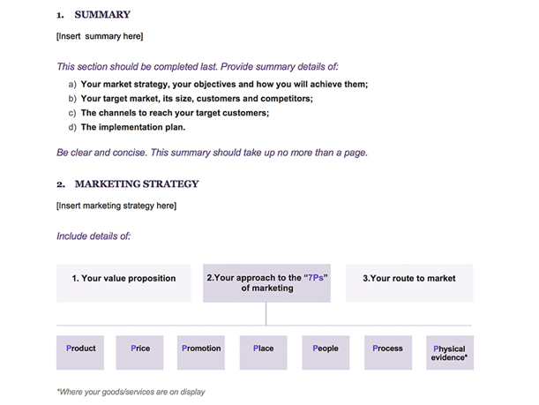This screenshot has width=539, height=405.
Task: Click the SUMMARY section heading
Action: [102, 15]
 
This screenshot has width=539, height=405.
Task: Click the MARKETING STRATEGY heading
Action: [137, 184]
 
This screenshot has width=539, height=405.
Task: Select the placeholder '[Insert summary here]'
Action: [100, 36]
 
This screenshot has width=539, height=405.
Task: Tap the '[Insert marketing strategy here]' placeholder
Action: [116, 206]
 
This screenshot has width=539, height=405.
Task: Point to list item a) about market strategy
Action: [224, 85]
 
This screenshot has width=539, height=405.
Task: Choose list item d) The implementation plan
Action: [132, 127]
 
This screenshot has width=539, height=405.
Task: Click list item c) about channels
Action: [175, 113]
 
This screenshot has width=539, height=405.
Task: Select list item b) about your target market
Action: [196, 99]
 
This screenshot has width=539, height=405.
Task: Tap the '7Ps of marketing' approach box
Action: [266, 282]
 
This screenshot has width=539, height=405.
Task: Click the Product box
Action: [80, 351]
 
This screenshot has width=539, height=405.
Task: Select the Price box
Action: [140, 351]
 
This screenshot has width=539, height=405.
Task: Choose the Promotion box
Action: [201, 351]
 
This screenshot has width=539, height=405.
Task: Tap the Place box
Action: [263, 351]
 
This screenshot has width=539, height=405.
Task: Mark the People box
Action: [326, 351]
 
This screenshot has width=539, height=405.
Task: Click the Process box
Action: [387, 351]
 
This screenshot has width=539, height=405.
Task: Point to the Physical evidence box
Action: [450, 352]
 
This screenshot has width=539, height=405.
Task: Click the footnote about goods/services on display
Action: [131, 392]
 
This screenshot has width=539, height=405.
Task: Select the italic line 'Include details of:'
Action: [94, 236]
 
